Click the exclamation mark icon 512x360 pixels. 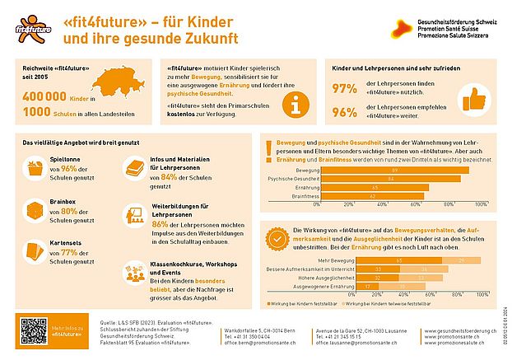(269, 151)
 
